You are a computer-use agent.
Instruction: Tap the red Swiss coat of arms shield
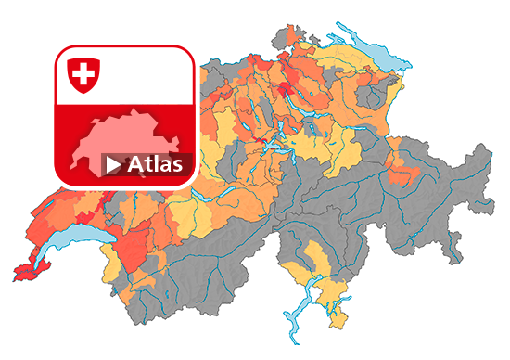pyautogui.click(x=83, y=74)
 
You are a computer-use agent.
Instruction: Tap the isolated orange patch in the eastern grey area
pyautogui.click(x=401, y=171)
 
